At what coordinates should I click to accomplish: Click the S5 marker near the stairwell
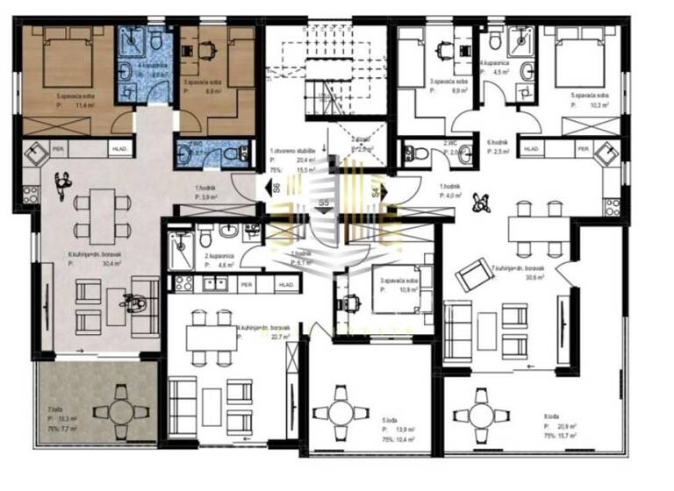pyautogui.click(x=323, y=203)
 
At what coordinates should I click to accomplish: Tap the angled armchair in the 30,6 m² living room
pyautogui.click(x=474, y=276)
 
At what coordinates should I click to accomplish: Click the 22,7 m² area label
pyautogui.click(x=281, y=335)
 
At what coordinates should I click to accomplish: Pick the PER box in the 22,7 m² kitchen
pyautogui.click(x=247, y=285)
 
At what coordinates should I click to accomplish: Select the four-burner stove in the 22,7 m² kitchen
pyautogui.click(x=184, y=284)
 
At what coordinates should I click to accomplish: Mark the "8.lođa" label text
pyautogui.click(x=551, y=416)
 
